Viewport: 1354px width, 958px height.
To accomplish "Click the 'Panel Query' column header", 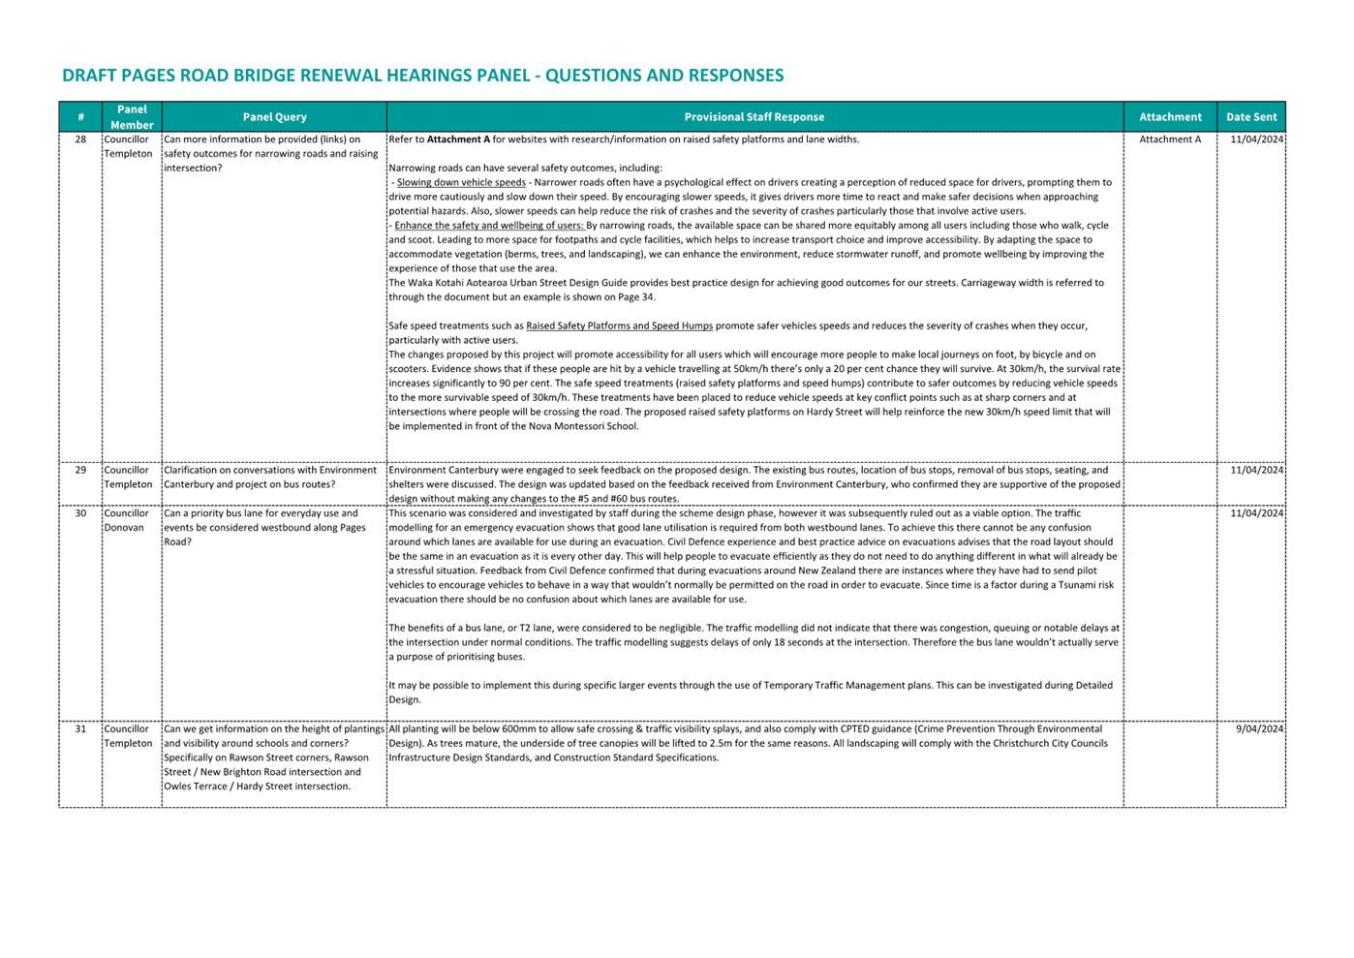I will pos(274,117).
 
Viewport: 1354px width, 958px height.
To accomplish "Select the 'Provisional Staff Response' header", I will pos(754,117).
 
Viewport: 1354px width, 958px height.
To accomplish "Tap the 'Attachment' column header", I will pos(1169,117).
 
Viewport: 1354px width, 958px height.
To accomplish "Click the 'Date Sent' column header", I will pos(1250,117).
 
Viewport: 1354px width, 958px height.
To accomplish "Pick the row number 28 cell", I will pos(80,139).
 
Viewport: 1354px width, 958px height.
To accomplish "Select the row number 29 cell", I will pos(80,470).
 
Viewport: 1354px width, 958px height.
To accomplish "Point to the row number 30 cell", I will pos(80,513).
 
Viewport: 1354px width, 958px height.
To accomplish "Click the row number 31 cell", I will pos(80,728).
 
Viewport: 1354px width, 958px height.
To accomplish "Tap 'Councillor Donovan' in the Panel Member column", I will pos(126,520).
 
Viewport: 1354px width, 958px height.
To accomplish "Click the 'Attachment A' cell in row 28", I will pos(1169,139).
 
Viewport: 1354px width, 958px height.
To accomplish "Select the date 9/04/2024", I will pos(1259,728).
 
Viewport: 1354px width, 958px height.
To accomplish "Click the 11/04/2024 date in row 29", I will pos(1256,470).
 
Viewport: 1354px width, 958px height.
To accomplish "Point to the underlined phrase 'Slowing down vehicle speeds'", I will pos(461,182).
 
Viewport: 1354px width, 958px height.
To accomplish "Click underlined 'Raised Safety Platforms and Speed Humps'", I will pos(619,325).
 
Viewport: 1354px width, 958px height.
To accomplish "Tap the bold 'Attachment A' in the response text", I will pos(458,139).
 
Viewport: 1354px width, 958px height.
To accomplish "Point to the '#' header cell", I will pos(80,117).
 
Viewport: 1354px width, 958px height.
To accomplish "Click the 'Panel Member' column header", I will pos(132,117).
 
